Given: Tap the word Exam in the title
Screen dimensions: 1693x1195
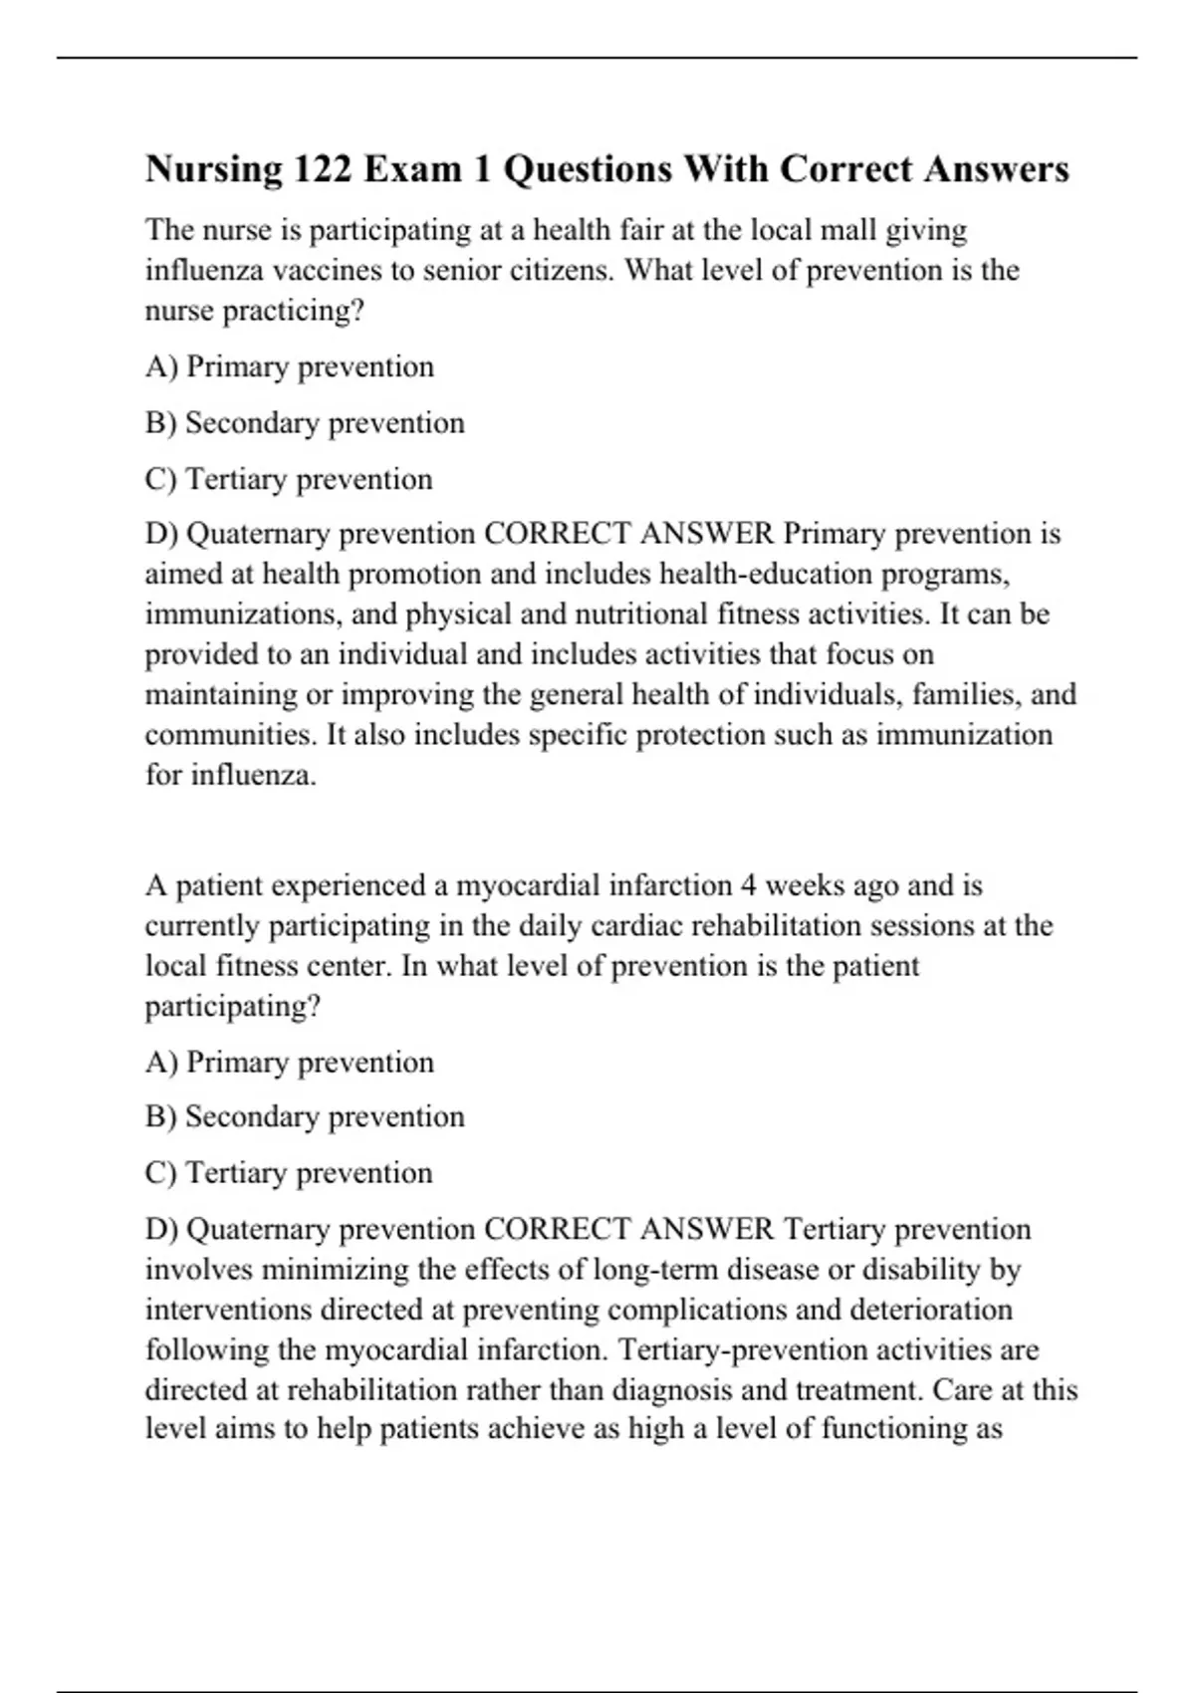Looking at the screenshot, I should pyautogui.click(x=413, y=169).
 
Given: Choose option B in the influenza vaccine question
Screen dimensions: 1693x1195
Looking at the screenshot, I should pyautogui.click(x=305, y=423).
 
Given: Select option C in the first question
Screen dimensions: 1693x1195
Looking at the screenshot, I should pyautogui.click(x=289, y=479).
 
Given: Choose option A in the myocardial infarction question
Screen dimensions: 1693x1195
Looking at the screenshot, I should pyautogui.click(x=290, y=1063).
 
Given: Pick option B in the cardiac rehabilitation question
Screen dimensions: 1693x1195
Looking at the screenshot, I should pyautogui.click(x=305, y=1117).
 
